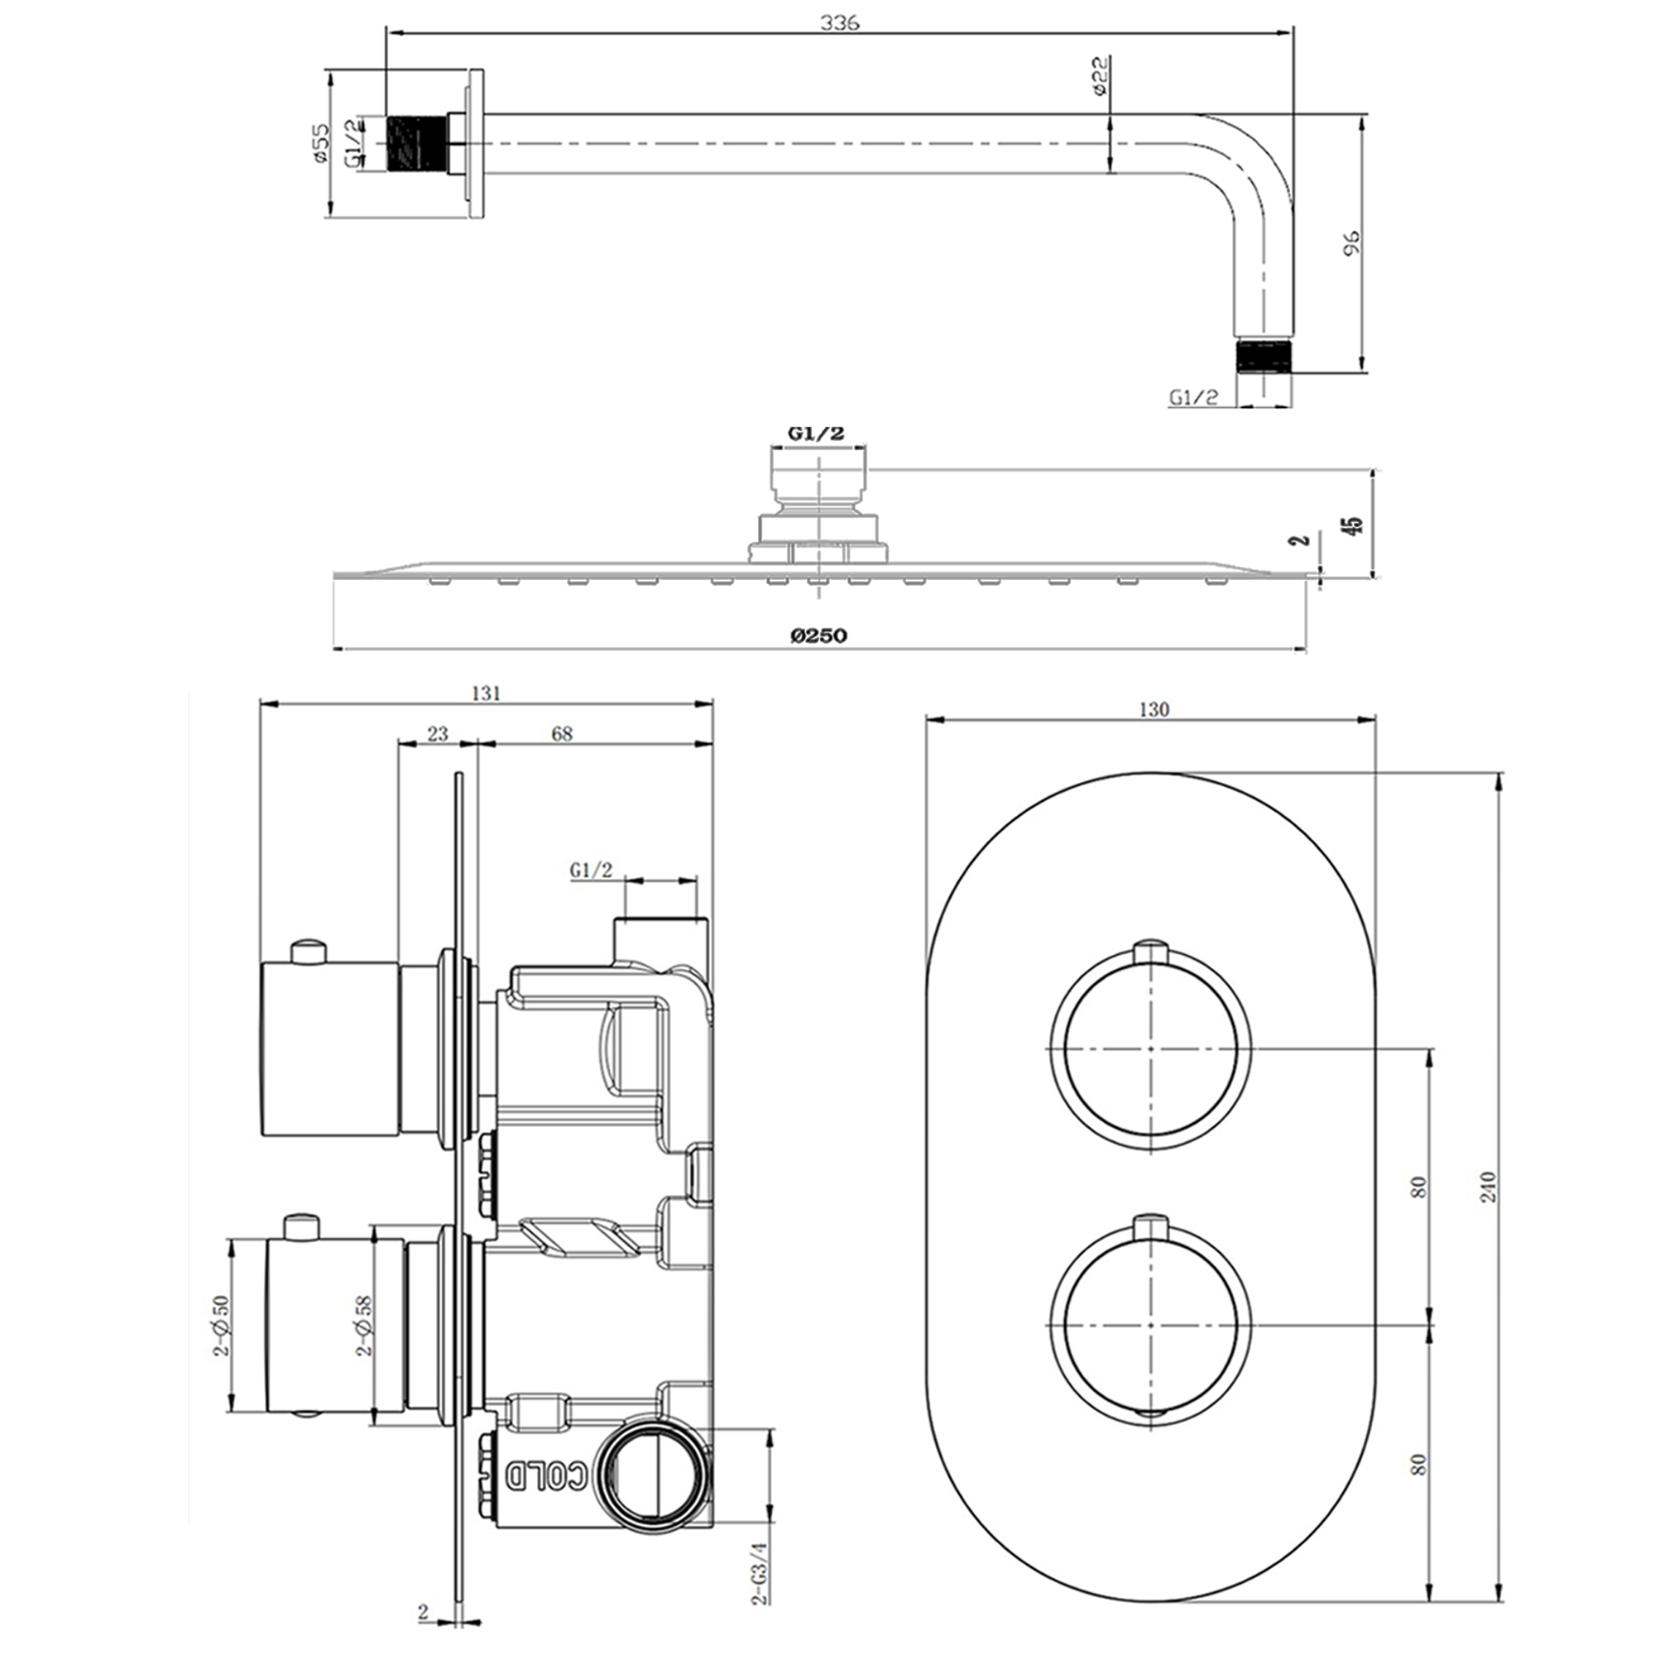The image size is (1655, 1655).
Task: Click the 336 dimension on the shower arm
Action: [839, 23]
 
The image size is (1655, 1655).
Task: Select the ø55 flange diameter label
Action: [319, 143]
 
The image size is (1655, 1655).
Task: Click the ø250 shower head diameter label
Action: [819, 635]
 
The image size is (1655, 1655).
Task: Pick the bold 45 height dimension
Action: [1354, 525]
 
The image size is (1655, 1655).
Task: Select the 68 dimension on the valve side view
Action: [562, 733]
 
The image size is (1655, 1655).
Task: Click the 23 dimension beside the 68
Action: [438, 733]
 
